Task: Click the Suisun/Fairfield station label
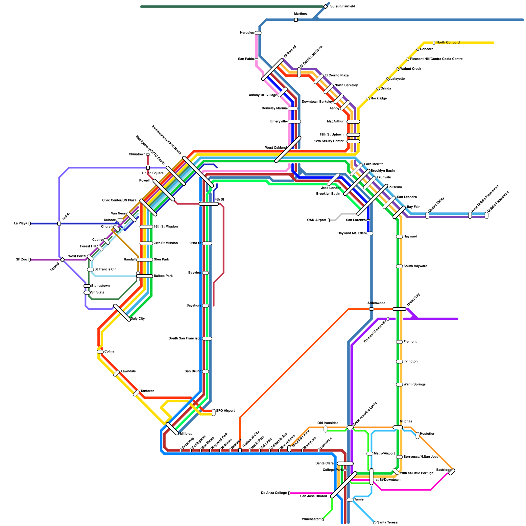click(x=342, y=7)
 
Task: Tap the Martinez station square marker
click(x=296, y=20)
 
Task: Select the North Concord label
click(x=448, y=43)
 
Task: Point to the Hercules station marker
click(x=258, y=33)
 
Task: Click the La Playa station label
click(x=20, y=224)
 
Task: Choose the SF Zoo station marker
click(x=30, y=260)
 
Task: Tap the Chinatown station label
click(x=137, y=155)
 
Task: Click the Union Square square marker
click(x=148, y=168)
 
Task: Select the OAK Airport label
click(x=317, y=220)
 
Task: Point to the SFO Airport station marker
click(x=214, y=412)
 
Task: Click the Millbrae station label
click(x=186, y=434)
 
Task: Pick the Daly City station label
click(x=138, y=319)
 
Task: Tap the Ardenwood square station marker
click(x=371, y=309)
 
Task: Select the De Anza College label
click(x=274, y=493)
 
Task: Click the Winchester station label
click(x=311, y=519)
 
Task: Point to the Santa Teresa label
click(x=387, y=523)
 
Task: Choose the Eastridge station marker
click(x=452, y=472)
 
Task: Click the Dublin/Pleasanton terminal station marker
click(x=487, y=215)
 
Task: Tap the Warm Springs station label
click(x=414, y=385)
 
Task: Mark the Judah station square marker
click(x=59, y=224)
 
